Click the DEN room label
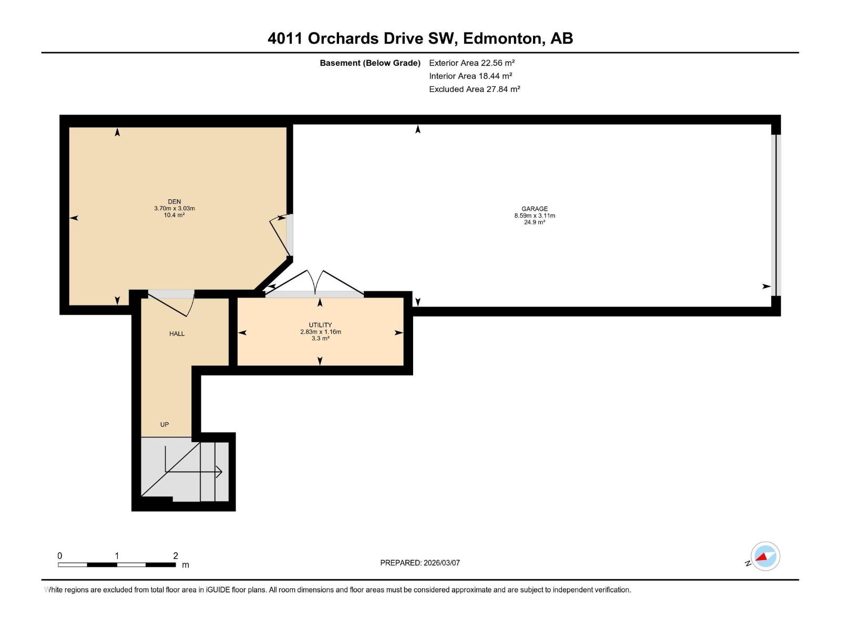click(x=175, y=201)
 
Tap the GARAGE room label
click(x=535, y=209)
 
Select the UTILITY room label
click(x=320, y=325)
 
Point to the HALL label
click(x=177, y=333)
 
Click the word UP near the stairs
click(x=165, y=424)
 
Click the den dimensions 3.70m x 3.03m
click(x=175, y=208)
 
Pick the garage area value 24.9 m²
click(x=535, y=222)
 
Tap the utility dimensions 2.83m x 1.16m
click(x=321, y=332)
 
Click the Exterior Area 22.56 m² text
click(x=471, y=63)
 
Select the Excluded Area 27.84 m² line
click(x=474, y=89)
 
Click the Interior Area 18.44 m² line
click(x=470, y=76)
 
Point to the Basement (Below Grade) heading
click(x=370, y=63)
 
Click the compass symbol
click(x=765, y=556)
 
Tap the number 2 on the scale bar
click(x=176, y=556)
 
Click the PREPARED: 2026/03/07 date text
click(x=420, y=563)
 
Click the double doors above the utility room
click(x=314, y=284)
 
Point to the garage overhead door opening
click(x=775, y=216)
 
